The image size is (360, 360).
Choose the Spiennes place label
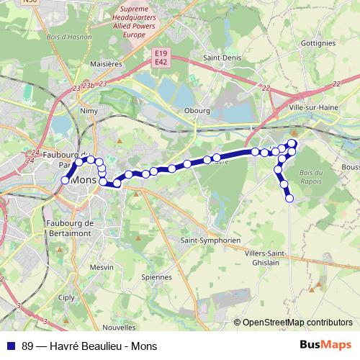[158, 276]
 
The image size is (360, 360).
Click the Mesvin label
[102, 266]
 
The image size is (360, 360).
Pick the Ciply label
[66, 296]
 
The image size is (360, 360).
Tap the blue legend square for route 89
[12, 345]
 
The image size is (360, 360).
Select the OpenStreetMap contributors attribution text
[297, 323]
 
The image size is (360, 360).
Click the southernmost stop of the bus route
[290, 198]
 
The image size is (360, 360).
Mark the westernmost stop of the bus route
[66, 180]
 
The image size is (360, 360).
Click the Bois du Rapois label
[311, 176]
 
